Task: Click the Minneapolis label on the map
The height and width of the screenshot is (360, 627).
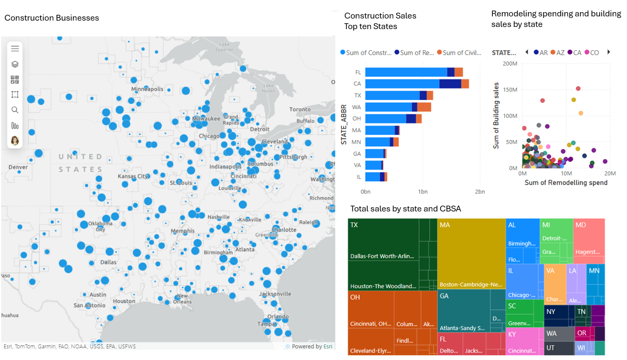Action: [x=147, y=89]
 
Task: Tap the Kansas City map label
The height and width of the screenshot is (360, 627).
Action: [x=133, y=176]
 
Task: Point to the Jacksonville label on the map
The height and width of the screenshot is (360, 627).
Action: [x=275, y=293]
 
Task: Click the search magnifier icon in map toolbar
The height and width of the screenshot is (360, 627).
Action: [x=15, y=110]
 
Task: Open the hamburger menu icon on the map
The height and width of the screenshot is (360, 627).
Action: [x=15, y=48]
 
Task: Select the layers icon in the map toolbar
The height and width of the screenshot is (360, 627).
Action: [x=15, y=64]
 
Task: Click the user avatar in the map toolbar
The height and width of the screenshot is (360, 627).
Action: [x=15, y=140]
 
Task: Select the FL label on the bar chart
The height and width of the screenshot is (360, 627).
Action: [x=358, y=72]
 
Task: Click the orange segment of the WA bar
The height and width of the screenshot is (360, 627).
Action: [x=424, y=107]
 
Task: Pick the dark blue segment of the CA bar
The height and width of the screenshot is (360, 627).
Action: [x=450, y=84]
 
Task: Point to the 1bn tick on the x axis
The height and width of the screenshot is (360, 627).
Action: [x=422, y=191]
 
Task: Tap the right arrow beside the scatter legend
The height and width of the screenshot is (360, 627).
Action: [x=609, y=52]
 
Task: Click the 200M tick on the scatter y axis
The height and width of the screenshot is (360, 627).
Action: [x=510, y=63]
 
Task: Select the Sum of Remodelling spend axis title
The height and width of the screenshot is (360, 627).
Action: [x=566, y=182]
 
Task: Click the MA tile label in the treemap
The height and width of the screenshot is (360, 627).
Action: [x=444, y=225]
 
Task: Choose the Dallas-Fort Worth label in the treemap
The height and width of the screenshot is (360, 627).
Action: [x=382, y=256]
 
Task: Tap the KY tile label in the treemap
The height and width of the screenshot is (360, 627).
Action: [x=512, y=334]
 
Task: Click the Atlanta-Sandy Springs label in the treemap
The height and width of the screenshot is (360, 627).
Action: [x=462, y=328]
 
